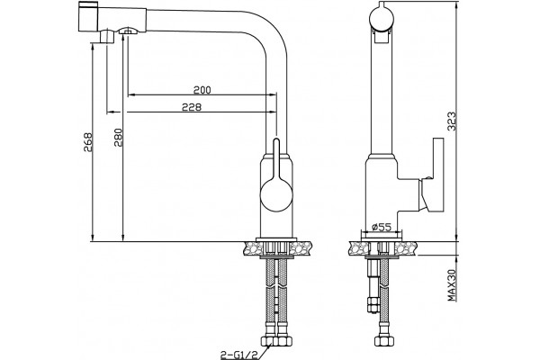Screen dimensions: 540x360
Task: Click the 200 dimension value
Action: pos(202,90)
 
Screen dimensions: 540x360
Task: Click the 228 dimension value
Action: pos(192,107)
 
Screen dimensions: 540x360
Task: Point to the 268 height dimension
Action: pos(88,143)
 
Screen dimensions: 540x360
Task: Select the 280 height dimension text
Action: pos(118,138)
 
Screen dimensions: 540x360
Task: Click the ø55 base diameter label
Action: pos(382,227)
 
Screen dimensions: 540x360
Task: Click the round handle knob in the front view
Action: pos(276,195)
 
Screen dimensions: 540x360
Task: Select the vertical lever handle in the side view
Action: pos(438,175)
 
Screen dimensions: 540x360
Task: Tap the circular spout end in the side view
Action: pos(381,16)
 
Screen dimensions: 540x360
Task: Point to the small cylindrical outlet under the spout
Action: pos(107,37)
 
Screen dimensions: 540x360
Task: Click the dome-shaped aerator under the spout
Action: pos(128,31)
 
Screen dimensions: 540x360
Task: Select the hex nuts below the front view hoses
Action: pos(276,341)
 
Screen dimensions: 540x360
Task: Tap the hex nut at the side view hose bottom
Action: pos(382,341)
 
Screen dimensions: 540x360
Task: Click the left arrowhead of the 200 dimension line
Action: pos(130,94)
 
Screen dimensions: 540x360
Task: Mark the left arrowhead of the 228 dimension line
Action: pos(110,112)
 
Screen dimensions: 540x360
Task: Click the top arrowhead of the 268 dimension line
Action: pos(93,47)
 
